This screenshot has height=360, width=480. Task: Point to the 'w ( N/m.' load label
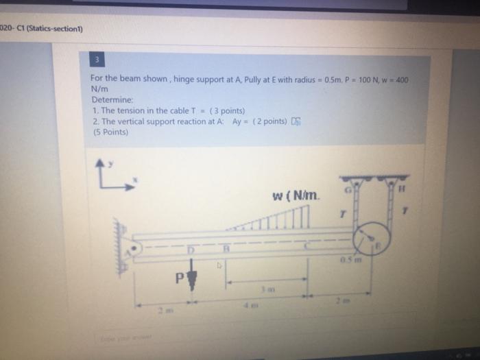pos(296,197)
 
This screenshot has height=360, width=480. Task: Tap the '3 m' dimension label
pos(266,290)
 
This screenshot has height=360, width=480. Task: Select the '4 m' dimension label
pos(248,307)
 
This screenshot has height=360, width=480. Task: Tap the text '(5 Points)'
pos(110,132)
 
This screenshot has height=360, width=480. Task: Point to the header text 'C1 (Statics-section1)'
pos(49,28)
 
